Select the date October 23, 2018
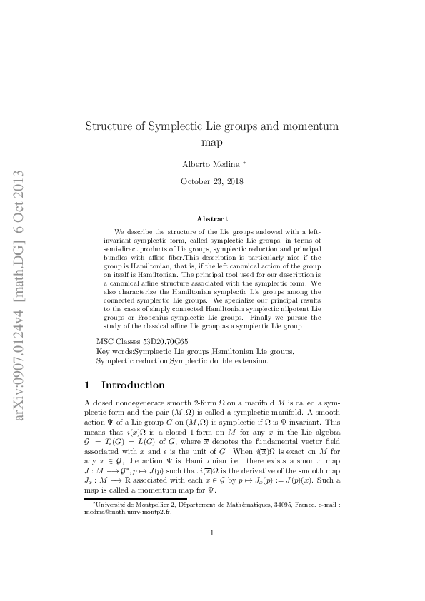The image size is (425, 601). click(212, 181)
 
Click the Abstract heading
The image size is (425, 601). click(212, 219)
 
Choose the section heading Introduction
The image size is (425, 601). click(133, 385)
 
